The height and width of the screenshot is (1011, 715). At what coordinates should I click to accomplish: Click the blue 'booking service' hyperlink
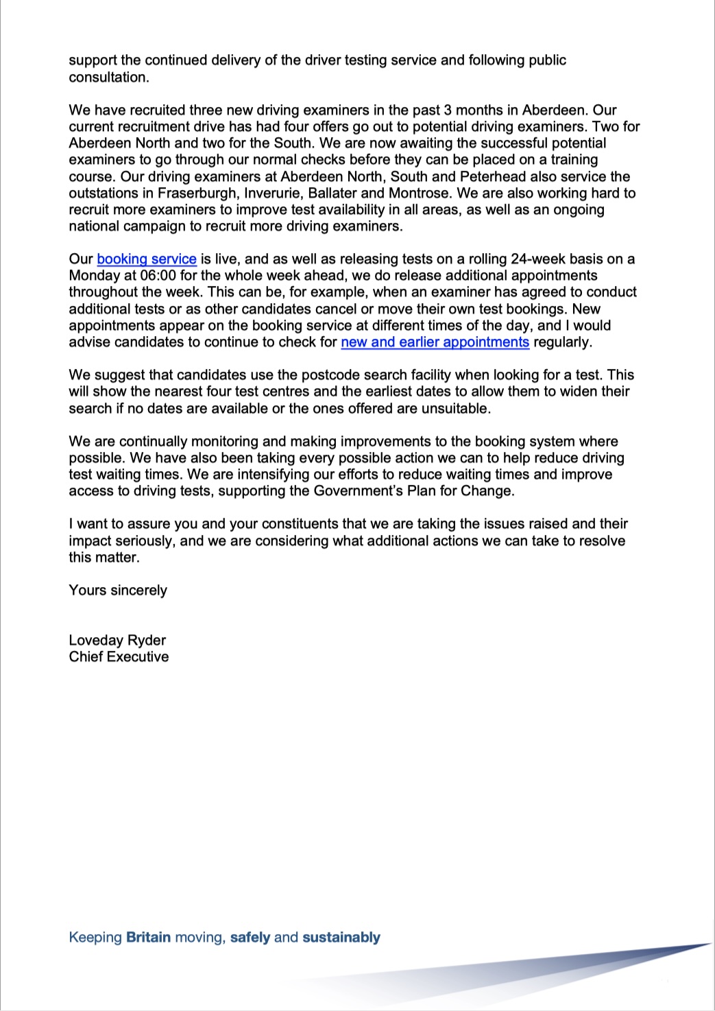[x=147, y=259]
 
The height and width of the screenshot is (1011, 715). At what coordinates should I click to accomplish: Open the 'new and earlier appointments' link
[x=435, y=342]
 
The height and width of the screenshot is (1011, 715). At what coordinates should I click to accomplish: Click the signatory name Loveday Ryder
[x=117, y=640]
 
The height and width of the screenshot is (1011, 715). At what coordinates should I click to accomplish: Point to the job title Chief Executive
[x=119, y=656]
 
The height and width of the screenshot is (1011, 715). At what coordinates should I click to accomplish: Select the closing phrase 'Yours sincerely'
[x=118, y=591]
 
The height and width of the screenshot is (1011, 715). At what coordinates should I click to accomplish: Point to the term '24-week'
[x=536, y=259]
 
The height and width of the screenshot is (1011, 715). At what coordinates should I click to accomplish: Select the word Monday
[x=93, y=276]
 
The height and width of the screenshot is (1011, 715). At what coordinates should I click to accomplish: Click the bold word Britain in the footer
[x=148, y=938]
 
